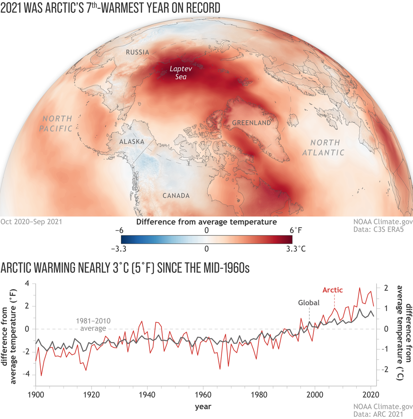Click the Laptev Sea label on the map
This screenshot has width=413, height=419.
click(181, 73)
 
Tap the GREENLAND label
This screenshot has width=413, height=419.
click(251, 123)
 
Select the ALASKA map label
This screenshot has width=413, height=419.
click(131, 142)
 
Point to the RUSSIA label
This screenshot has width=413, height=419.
click(137, 52)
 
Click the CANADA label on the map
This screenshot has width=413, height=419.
click(176, 196)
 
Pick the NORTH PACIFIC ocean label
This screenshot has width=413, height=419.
click(56, 123)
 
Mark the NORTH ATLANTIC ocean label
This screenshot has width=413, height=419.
click(323, 147)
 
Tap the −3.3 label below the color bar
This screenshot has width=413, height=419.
click(119, 249)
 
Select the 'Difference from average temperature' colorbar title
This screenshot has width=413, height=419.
click(206, 222)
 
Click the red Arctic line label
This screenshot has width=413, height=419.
click(332, 290)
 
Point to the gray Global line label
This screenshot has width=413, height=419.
click(309, 303)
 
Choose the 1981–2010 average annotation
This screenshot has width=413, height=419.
click(93, 324)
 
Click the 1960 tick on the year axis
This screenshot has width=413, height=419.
click(203, 394)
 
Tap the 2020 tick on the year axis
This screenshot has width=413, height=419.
click(371, 394)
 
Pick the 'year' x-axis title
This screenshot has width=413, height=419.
click(203, 407)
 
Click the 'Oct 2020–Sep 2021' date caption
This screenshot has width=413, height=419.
click(31, 222)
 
